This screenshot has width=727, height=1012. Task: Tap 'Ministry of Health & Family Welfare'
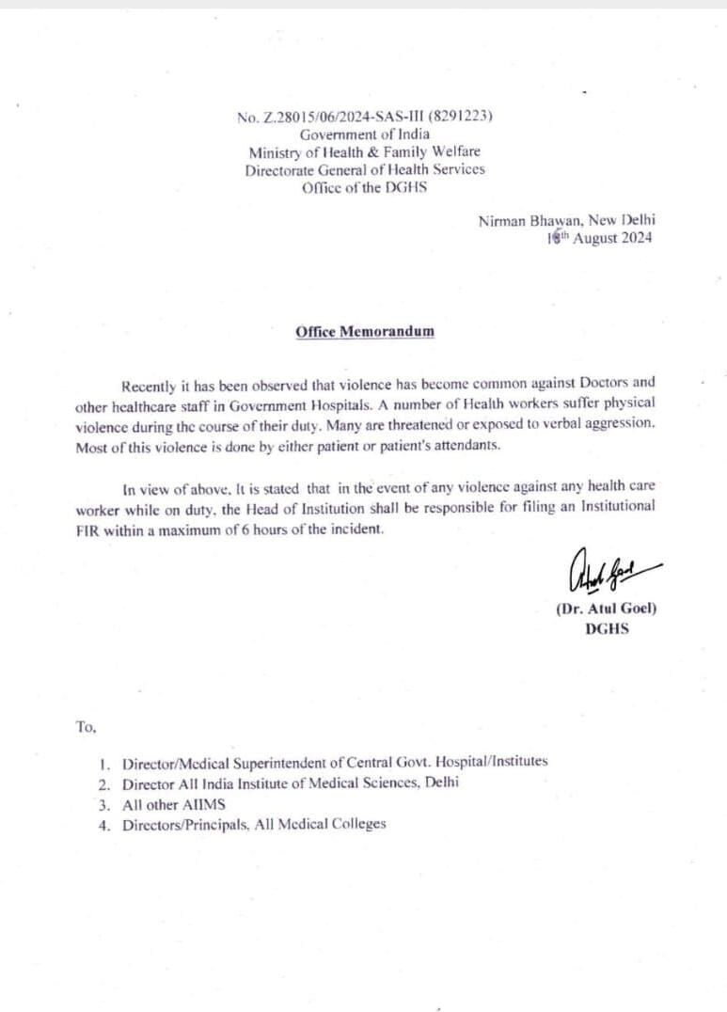tap(364, 152)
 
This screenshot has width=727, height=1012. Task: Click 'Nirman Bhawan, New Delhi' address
tap(567, 220)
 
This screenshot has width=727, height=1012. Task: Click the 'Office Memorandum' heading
tap(365, 331)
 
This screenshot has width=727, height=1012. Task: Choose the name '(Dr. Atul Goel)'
tap(607, 609)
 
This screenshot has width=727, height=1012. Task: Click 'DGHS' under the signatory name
tap(607, 628)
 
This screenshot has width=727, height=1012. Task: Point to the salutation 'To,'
tap(86, 726)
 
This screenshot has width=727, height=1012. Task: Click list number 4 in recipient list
tap(103, 825)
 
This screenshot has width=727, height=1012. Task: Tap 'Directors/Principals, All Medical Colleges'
tap(254, 825)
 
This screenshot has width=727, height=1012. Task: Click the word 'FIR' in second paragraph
tap(87, 529)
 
